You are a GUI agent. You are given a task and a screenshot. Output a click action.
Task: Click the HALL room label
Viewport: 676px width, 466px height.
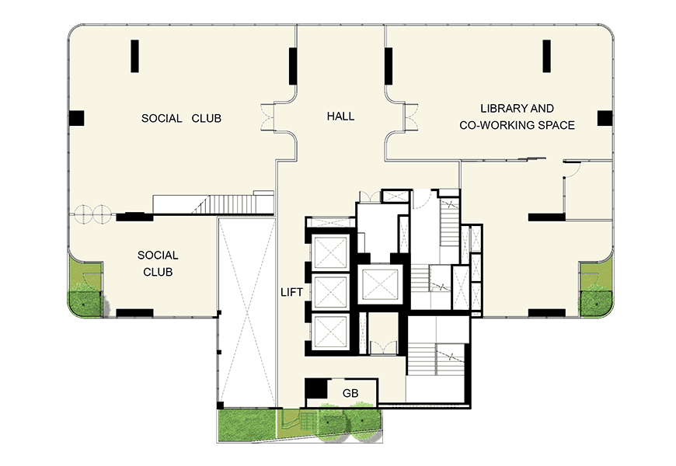click(340, 116)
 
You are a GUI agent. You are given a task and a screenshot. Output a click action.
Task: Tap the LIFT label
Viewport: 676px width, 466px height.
click(291, 292)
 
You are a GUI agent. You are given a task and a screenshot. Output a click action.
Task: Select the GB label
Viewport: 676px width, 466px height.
click(350, 393)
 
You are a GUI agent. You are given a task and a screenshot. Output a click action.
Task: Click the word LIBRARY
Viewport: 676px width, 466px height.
click(500, 108)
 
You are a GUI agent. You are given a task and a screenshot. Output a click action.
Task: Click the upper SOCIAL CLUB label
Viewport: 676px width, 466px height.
click(181, 118)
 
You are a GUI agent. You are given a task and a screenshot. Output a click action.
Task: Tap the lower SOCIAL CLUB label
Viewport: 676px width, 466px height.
click(158, 263)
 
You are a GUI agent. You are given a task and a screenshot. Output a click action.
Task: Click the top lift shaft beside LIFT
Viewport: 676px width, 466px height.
click(331, 253)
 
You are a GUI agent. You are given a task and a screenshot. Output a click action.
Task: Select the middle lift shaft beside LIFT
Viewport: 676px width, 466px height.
click(331, 292)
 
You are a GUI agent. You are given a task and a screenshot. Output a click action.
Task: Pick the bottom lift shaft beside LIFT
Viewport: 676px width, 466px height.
click(331, 332)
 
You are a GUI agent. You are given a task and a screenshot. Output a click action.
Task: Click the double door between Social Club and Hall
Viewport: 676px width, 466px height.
click(268, 116)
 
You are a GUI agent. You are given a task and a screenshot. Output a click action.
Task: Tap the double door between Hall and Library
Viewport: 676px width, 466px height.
click(410, 116)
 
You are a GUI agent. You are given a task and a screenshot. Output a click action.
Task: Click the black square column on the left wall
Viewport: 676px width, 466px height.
click(76, 118)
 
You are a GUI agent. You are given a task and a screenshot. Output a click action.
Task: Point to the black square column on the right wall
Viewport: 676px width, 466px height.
click(605, 118)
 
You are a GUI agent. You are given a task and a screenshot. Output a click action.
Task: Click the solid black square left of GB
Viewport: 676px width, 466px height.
click(316, 388)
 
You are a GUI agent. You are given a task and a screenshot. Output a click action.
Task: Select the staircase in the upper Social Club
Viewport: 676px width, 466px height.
click(214, 204)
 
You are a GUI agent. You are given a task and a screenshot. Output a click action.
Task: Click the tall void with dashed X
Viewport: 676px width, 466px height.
click(246, 312)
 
